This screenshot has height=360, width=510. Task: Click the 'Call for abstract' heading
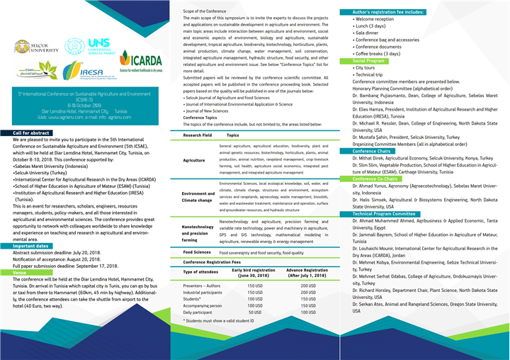pyautogui.click(x=30, y=133)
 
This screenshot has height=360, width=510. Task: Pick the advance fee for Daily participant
pyautogui.click(x=307, y=312)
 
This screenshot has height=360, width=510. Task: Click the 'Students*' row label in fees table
pyautogui.click(x=194, y=298)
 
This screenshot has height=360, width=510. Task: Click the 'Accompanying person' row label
pyautogui.click(x=203, y=305)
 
